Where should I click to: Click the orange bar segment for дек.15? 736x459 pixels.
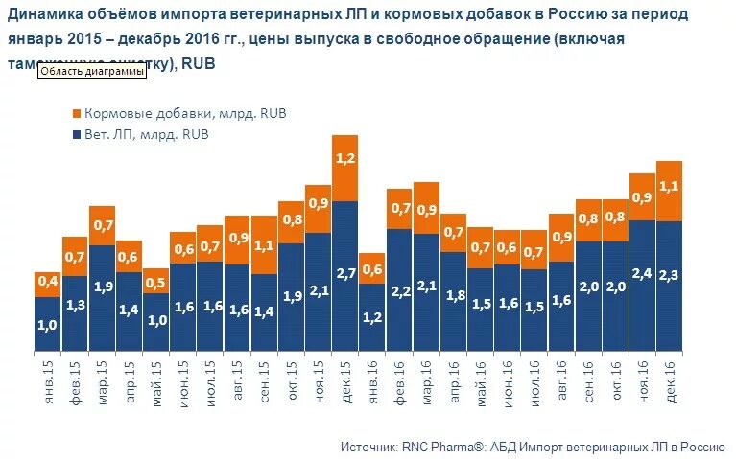pos(345,168)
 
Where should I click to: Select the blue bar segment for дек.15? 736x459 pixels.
pos(345,278)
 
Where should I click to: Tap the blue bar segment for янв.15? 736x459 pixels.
pos(48,324)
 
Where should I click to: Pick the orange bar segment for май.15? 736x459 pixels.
pos(155,282)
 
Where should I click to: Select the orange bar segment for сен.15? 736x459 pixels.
pos(264,246)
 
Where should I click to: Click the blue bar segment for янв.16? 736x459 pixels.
pos(372,318)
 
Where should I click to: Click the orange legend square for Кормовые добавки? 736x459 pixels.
pos(75,113)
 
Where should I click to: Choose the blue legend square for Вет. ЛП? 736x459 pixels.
pos(75,135)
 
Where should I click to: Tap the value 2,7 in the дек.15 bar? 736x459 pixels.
pos(345,273)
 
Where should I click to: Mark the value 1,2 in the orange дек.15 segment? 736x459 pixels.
pos(345,158)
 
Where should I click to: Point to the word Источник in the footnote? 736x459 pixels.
pos(368,447)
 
